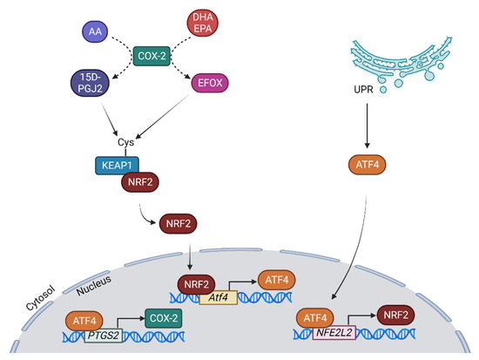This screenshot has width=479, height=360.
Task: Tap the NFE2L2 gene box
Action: click(x=337, y=331)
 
